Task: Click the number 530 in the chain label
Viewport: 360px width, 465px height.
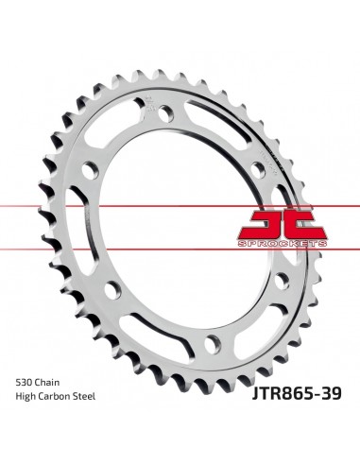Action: pos(24,383)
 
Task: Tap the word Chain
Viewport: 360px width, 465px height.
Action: pos(46,383)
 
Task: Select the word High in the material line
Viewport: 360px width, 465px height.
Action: pos(26,396)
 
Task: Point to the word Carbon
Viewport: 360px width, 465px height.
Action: pos(54,396)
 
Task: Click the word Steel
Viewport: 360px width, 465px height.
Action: pos(84,396)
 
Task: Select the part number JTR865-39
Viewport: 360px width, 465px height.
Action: pos(296,393)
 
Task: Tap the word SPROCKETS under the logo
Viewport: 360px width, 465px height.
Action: pos(283,244)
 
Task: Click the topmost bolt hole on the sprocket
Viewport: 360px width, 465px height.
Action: pos(166,113)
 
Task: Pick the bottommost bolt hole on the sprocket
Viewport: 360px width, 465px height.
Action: pos(213,344)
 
